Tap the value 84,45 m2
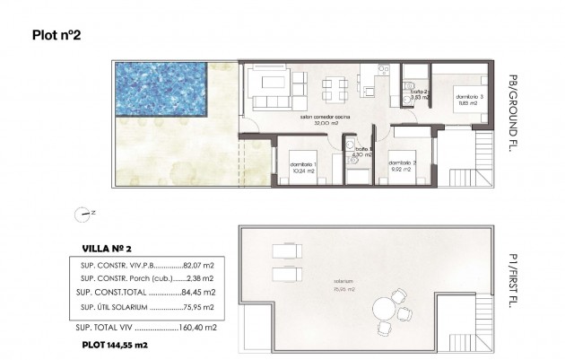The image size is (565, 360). pyautogui.click(x=198, y=293)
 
